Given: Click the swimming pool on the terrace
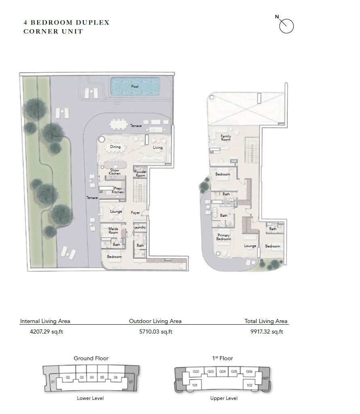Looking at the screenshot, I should [135, 87].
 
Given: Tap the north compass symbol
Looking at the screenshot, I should [286, 26].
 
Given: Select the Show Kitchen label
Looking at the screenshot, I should [114, 172].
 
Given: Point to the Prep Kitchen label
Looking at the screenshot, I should [118, 190].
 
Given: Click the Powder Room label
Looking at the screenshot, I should [140, 173].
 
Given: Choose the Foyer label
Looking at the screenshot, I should [135, 213].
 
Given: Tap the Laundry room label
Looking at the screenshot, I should [140, 227].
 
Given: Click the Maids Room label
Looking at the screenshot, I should [113, 230].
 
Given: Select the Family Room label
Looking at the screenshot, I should [226, 138].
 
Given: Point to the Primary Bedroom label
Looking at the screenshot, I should [223, 237].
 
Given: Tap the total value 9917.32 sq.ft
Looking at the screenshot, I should [267, 332].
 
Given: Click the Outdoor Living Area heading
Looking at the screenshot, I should [155, 321].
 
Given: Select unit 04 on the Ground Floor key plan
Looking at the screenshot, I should [92, 377].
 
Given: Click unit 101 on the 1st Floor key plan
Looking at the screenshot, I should [195, 385].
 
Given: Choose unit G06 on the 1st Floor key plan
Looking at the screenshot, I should [249, 372].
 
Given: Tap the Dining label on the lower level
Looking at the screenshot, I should [115, 147].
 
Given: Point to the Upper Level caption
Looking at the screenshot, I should [224, 398].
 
